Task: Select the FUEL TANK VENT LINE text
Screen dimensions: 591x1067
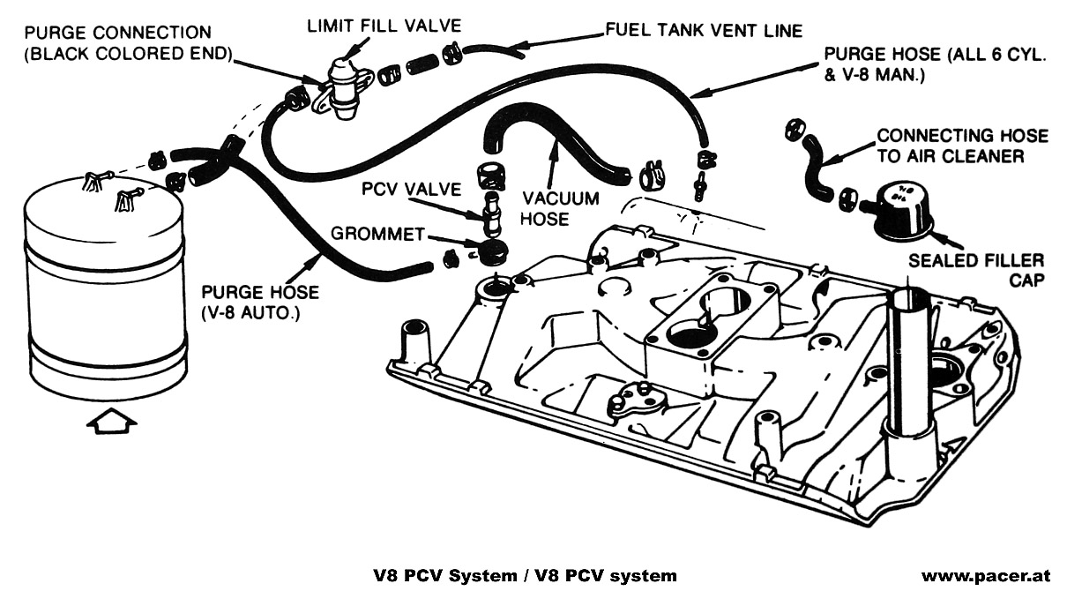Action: (x=703, y=31)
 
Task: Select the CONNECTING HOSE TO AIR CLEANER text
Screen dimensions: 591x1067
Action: (x=961, y=146)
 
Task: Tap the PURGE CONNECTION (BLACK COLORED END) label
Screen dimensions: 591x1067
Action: (x=129, y=43)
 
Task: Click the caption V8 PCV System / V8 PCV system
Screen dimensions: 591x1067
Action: (x=525, y=576)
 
